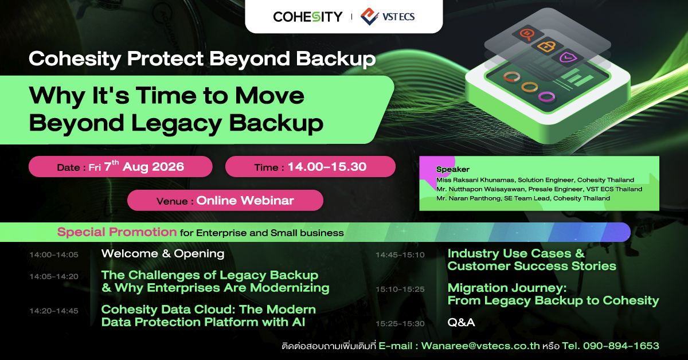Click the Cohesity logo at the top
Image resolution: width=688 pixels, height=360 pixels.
click(x=308, y=17)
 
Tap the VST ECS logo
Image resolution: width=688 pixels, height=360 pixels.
click(x=388, y=17)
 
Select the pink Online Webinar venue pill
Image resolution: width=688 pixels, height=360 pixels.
click(x=225, y=200)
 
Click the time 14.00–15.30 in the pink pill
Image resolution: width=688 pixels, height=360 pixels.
click(x=327, y=167)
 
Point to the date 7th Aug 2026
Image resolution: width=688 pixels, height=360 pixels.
click(x=144, y=166)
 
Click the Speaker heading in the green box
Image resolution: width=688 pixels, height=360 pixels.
click(x=453, y=169)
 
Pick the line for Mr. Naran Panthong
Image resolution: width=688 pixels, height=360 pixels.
click(x=523, y=198)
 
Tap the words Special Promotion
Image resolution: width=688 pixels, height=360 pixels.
click(x=117, y=232)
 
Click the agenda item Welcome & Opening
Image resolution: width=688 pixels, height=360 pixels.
click(x=163, y=254)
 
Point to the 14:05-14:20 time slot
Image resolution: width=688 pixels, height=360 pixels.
click(x=54, y=276)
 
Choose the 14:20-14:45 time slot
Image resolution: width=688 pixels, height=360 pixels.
click(x=54, y=311)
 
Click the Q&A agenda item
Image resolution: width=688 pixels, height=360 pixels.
click(x=461, y=323)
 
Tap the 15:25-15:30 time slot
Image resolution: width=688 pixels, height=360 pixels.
click(x=400, y=323)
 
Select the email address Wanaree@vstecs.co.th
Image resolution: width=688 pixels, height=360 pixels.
click(x=480, y=346)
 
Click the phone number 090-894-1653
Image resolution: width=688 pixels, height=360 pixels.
click(x=621, y=346)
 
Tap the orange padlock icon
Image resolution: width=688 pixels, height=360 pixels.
click(x=546, y=46)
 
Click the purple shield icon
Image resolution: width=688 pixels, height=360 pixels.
click(x=568, y=57)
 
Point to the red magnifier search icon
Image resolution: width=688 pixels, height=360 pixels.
click(x=527, y=34)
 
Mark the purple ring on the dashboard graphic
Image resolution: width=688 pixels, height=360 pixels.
click(x=547, y=96)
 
